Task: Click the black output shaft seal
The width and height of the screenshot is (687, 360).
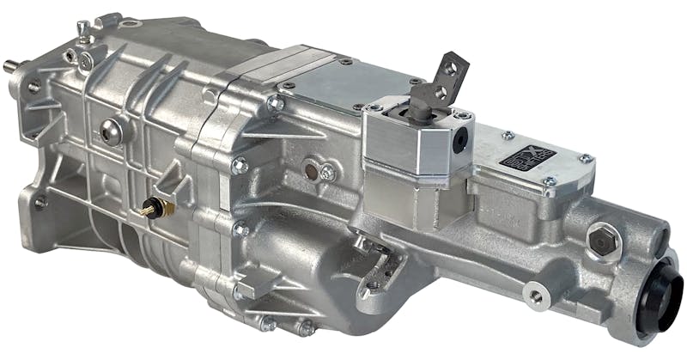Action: pyautogui.click(x=663, y=305)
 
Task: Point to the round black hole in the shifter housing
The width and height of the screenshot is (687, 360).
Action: pyautogui.click(x=462, y=135)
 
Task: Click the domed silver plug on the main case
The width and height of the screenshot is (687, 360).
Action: pyautogui.click(x=111, y=131)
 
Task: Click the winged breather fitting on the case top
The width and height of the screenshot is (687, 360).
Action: pyautogui.click(x=82, y=32)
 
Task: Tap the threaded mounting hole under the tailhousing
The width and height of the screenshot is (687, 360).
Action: pyautogui.click(x=536, y=296)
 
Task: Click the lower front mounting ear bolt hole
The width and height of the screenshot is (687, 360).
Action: pyautogui.click(x=39, y=203)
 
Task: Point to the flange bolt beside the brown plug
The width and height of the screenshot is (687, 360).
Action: pyautogui.click(x=327, y=172)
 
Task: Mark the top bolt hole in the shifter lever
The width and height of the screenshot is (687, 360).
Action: pyautogui.click(x=448, y=66)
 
